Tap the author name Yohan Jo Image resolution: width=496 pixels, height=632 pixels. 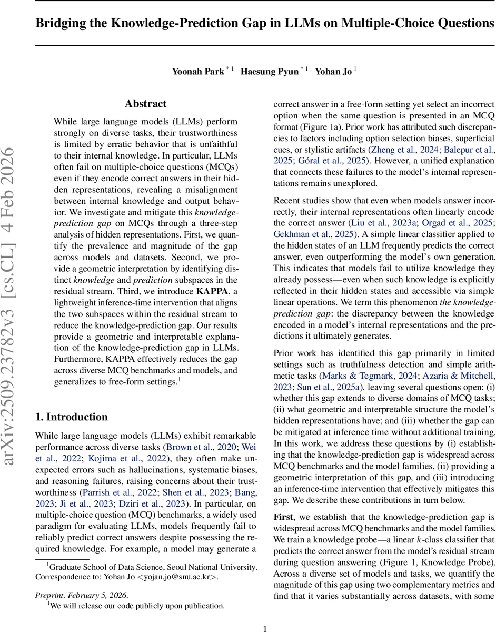tap(333, 72)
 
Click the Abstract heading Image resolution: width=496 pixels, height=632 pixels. tap(146, 104)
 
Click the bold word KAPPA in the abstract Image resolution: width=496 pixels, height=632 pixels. tap(212, 305)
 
